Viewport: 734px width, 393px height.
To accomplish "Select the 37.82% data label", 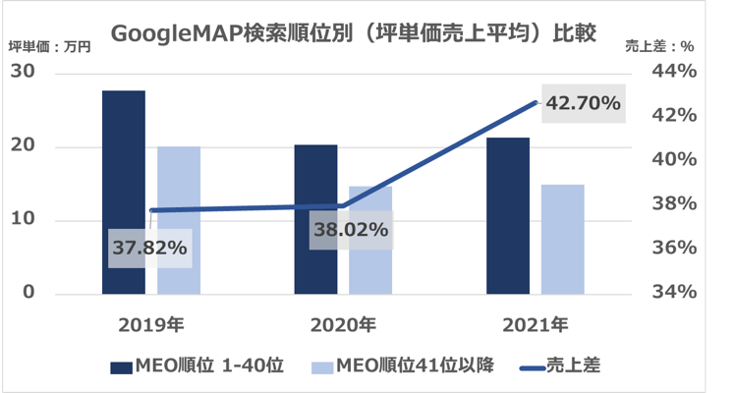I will point(149,249).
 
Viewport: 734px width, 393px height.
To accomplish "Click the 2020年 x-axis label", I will point(342,323).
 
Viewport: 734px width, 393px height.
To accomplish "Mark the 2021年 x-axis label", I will point(535,323).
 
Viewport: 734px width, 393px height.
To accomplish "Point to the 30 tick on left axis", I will point(24,73).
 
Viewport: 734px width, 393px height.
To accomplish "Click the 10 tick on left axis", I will point(24,220).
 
